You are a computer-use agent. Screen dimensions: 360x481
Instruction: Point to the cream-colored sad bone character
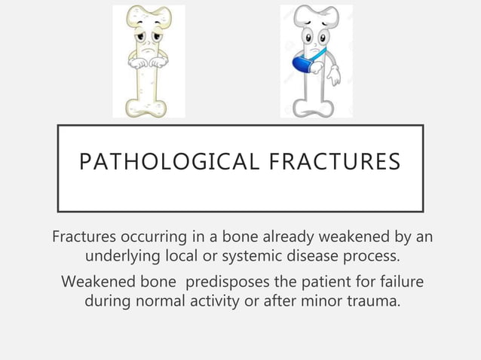point(149,60)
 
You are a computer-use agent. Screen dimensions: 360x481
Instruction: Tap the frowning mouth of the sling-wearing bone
point(317,41)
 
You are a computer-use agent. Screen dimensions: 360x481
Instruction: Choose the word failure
point(398,282)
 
